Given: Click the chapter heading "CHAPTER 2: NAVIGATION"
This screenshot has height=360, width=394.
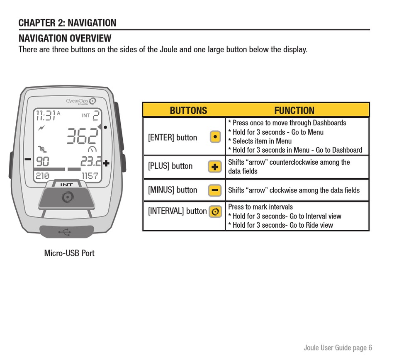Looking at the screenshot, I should click(x=67, y=23).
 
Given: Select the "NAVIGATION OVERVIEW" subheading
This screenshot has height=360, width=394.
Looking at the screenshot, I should click(x=65, y=39).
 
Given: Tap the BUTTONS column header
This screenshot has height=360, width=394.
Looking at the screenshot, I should click(x=188, y=111).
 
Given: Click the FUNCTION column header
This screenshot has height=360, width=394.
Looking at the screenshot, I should click(x=294, y=111).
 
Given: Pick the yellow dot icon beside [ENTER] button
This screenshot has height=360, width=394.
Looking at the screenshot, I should click(x=215, y=137).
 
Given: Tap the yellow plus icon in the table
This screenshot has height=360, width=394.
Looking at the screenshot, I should click(x=214, y=167).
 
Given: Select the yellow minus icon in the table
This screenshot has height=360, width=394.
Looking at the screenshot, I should click(x=214, y=190).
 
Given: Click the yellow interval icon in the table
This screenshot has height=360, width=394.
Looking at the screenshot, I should click(x=215, y=212).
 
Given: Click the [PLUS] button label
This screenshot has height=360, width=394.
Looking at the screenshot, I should click(x=170, y=166).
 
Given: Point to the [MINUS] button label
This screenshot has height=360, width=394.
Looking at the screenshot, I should click(x=173, y=190).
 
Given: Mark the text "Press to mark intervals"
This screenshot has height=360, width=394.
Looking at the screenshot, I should click(x=260, y=207).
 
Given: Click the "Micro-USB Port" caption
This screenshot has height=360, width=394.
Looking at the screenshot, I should click(x=69, y=253).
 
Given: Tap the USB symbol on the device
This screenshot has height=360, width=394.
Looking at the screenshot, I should click(x=65, y=232).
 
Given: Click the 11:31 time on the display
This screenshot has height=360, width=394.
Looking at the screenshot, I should click(x=46, y=115).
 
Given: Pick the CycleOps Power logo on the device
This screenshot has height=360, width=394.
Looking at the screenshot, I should click(x=80, y=101).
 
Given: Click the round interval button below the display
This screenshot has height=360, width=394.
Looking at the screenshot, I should click(x=67, y=197).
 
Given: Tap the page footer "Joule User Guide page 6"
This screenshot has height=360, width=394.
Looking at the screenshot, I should click(x=338, y=348).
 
